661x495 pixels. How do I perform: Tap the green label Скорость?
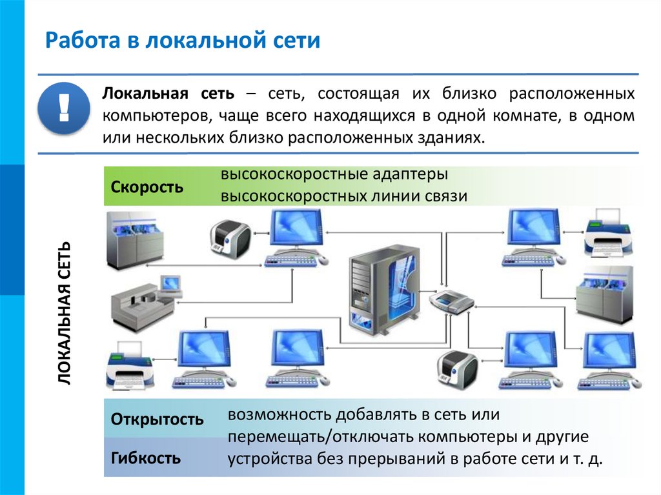pyautogui.click(x=147, y=187)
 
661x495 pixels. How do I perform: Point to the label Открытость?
pyautogui.click(x=157, y=420)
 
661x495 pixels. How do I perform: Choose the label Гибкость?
pyautogui.click(x=145, y=459)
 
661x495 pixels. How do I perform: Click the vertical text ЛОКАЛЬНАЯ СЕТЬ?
pyautogui.click(x=66, y=314)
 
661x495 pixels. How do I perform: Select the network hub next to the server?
pyautogui.click(x=451, y=301)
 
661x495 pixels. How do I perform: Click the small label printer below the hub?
pyautogui.click(x=458, y=371)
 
